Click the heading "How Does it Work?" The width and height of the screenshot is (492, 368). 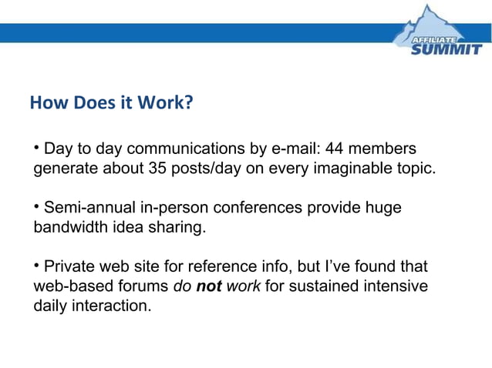coord(110,102)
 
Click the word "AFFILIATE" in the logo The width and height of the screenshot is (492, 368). coord(436,38)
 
